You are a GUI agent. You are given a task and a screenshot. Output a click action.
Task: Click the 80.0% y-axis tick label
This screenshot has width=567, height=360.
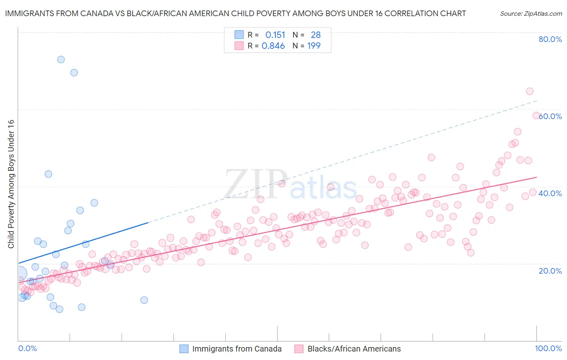pyautogui.click(x=550, y=39)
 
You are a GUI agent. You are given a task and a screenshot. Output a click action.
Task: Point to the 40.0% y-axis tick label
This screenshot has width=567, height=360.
pyautogui.click(x=550, y=193)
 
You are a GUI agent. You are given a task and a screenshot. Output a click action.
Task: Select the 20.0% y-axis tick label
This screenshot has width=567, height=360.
pyautogui.click(x=550, y=270)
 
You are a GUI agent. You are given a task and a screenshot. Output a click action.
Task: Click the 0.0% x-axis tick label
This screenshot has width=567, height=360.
pyautogui.click(x=27, y=348)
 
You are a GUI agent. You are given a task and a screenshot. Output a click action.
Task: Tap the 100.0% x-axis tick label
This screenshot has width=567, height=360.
pyautogui.click(x=548, y=348)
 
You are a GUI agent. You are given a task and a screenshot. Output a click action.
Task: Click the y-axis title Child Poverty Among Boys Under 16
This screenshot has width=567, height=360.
pyautogui.click(x=11, y=184)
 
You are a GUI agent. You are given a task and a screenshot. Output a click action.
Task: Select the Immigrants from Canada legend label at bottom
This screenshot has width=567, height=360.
pyautogui.click(x=237, y=349)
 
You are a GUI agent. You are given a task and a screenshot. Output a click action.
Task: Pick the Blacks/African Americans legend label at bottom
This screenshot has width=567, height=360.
pyautogui.click(x=354, y=349)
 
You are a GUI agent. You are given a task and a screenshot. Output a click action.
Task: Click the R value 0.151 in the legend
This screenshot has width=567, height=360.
pyautogui.click(x=275, y=35)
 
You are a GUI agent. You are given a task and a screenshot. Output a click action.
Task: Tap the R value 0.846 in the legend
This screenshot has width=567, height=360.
pyautogui.click(x=273, y=46)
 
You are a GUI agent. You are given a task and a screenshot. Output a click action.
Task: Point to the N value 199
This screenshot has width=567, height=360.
pyautogui.click(x=314, y=46)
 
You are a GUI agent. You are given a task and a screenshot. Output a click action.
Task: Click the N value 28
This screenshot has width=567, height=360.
pyautogui.click(x=315, y=35)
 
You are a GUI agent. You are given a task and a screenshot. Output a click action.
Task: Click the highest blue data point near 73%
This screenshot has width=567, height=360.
pyautogui.click(x=61, y=59)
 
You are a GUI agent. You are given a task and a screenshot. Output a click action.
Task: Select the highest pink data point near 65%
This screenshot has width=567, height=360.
pyautogui.click(x=529, y=91)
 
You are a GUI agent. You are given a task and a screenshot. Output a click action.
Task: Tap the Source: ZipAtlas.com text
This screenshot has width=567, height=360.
pyautogui.click(x=531, y=13)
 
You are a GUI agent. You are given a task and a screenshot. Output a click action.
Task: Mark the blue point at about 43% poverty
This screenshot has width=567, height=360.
pyautogui.click(x=48, y=174)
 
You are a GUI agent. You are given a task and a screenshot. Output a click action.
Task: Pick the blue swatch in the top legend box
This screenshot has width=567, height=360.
pyautogui.click(x=239, y=35)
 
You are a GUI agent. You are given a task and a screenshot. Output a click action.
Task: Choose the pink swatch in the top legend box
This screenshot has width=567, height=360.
pyautogui.click(x=239, y=46)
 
